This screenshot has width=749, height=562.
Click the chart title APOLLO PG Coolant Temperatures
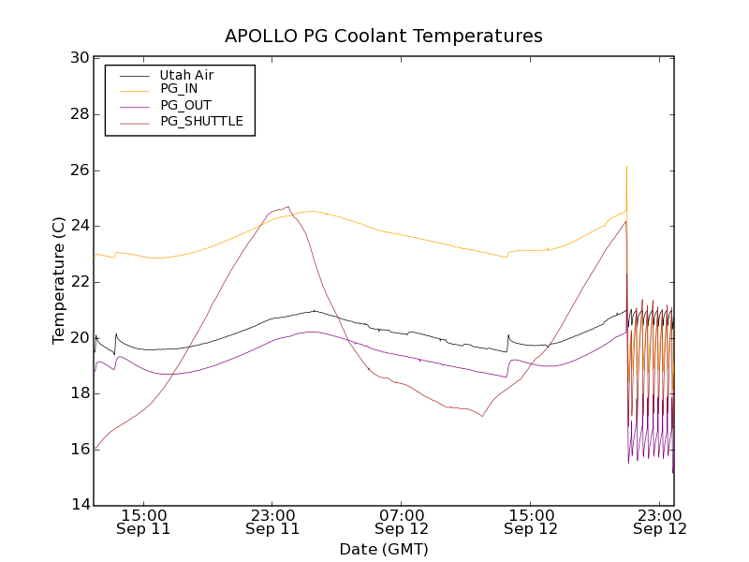[x=384, y=37]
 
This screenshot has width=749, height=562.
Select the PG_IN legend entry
[x=179, y=89]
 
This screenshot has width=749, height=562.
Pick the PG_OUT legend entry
[x=185, y=105]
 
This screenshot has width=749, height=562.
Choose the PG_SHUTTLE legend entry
[x=201, y=121]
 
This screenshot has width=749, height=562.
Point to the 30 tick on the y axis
[x=80, y=58]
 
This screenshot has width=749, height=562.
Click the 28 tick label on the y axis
[x=80, y=114]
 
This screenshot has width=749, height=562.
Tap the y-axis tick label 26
[x=80, y=170]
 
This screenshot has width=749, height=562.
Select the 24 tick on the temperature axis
[x=80, y=226]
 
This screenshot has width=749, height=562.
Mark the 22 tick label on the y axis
[x=80, y=282]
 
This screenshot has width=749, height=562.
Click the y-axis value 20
[x=80, y=337]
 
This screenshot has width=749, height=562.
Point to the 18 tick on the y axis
[x=80, y=393]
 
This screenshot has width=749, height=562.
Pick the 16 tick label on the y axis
[x=80, y=450]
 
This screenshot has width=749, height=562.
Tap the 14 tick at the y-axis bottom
[x=80, y=506]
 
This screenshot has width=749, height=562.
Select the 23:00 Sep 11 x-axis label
[x=272, y=522]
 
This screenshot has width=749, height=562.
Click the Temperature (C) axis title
[x=59, y=281]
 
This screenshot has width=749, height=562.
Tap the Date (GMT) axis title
[x=384, y=549]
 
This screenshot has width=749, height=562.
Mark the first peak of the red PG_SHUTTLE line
[x=287, y=207]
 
